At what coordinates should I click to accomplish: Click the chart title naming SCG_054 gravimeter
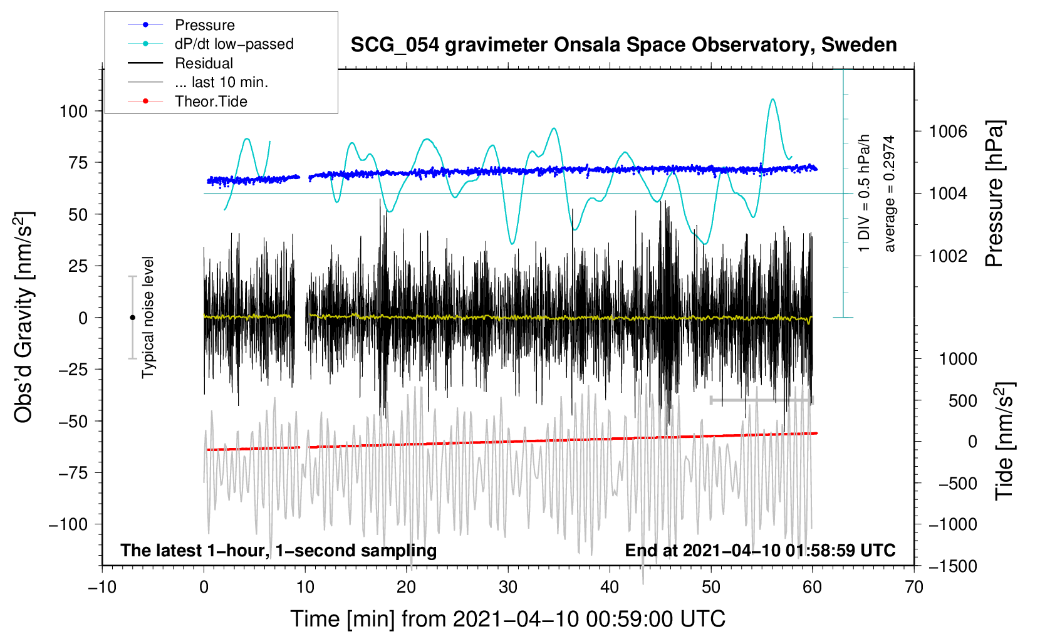pos(623,45)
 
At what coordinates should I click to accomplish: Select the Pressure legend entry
pos(204,25)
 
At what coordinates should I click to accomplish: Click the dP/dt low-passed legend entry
pos(234,44)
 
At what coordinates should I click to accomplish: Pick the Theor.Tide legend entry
pos(211,101)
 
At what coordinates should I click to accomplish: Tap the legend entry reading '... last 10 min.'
pos(221,82)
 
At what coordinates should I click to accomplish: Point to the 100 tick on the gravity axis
pos(73,112)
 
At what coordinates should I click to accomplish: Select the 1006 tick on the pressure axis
pos(948,132)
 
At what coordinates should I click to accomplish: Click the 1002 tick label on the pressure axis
pos(948,256)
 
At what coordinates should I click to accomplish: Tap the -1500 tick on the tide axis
pos(952,566)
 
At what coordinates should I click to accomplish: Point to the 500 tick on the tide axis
pos(962,400)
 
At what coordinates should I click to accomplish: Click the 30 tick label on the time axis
pos(508,587)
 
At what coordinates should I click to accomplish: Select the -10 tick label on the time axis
pos(102,587)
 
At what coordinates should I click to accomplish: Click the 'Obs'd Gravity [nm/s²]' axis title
pos(24,317)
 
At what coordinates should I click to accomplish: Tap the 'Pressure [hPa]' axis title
pos(995,194)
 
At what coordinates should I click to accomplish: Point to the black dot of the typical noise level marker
pos(132,318)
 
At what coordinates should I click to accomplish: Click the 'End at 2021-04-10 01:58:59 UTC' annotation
pos(760,550)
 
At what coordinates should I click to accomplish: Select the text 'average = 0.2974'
pos(890,194)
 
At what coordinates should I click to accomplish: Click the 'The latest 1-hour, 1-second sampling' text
pos(278,550)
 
